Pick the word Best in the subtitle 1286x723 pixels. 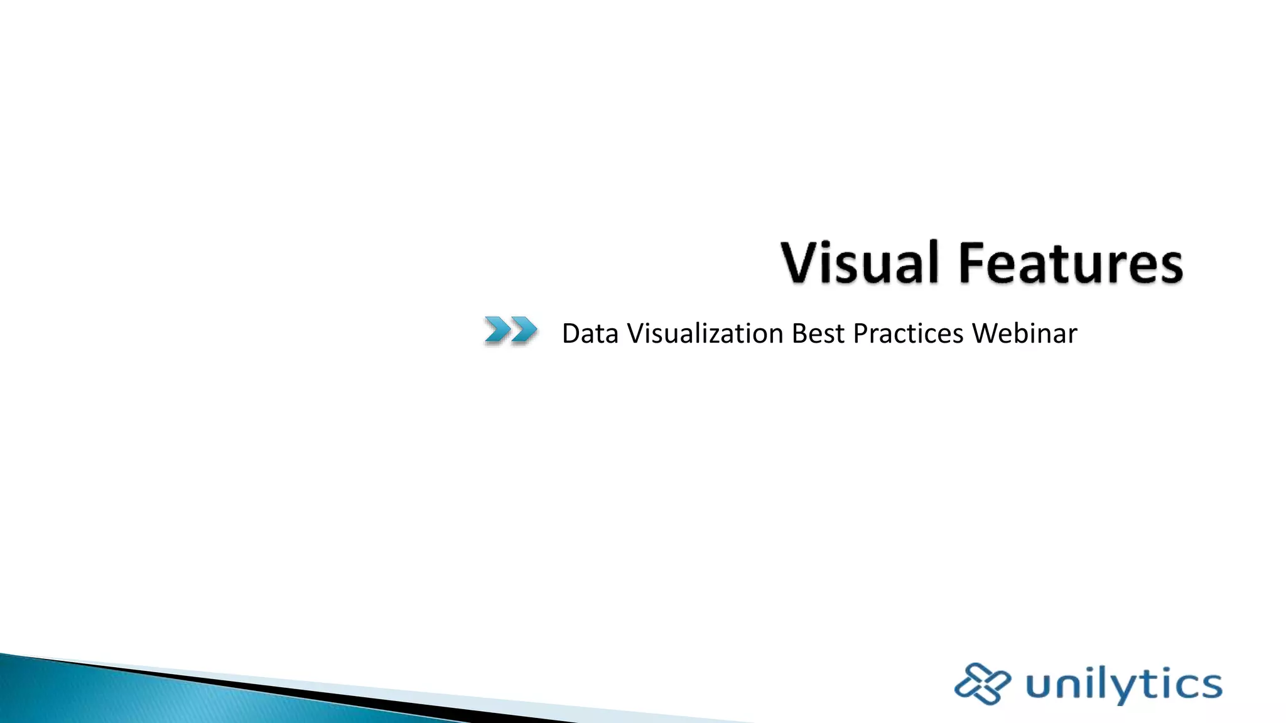818,334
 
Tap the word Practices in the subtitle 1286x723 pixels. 908,334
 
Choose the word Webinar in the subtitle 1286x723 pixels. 1025,334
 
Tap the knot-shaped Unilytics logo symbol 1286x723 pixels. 981,683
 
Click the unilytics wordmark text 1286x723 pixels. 1124,684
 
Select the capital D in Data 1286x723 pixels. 571,334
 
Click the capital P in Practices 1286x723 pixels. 861,334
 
